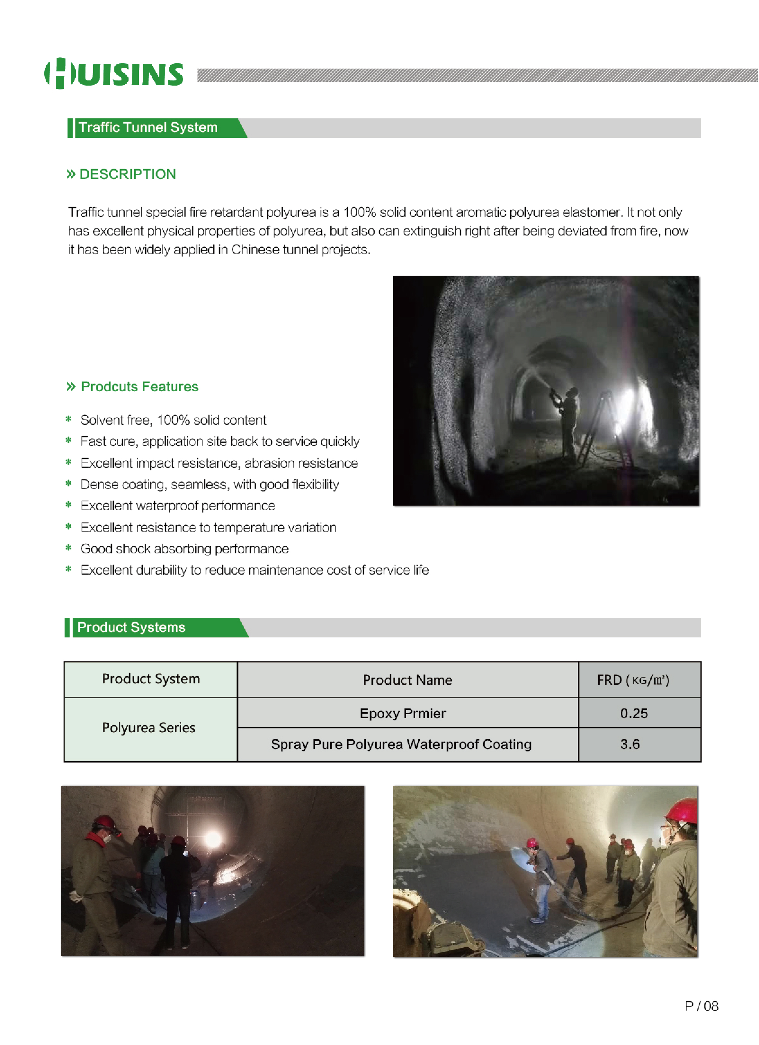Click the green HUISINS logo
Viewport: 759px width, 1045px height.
114,74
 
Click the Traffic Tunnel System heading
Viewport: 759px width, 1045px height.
148,128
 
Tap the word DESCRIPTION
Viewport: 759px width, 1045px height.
128,174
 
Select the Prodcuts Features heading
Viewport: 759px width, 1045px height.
139,387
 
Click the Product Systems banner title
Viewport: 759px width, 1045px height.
131,628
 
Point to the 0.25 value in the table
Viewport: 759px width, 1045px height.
633,713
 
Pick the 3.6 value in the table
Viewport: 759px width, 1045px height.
630,744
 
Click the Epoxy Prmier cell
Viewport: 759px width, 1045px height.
403,713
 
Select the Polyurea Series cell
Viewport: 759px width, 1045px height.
149,728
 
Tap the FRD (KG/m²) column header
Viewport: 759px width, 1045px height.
633,680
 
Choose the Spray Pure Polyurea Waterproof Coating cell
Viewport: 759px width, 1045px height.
401,744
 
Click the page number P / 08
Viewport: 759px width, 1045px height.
701,1006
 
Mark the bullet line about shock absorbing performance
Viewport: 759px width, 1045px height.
184,549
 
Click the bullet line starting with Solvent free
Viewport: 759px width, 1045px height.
173,420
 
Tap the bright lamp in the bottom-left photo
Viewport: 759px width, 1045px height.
213,839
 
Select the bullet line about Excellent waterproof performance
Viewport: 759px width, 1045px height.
178,506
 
